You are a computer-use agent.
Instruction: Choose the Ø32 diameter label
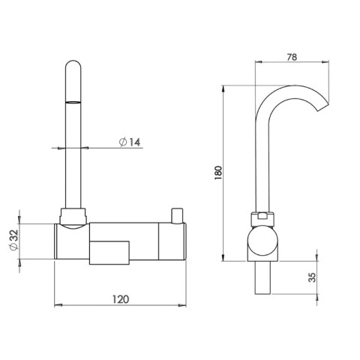[x=13, y=241]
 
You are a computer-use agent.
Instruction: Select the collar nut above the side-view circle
[x=263, y=218]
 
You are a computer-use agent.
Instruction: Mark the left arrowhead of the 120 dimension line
[x=59, y=306]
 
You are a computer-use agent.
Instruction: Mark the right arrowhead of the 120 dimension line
[x=184, y=306]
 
